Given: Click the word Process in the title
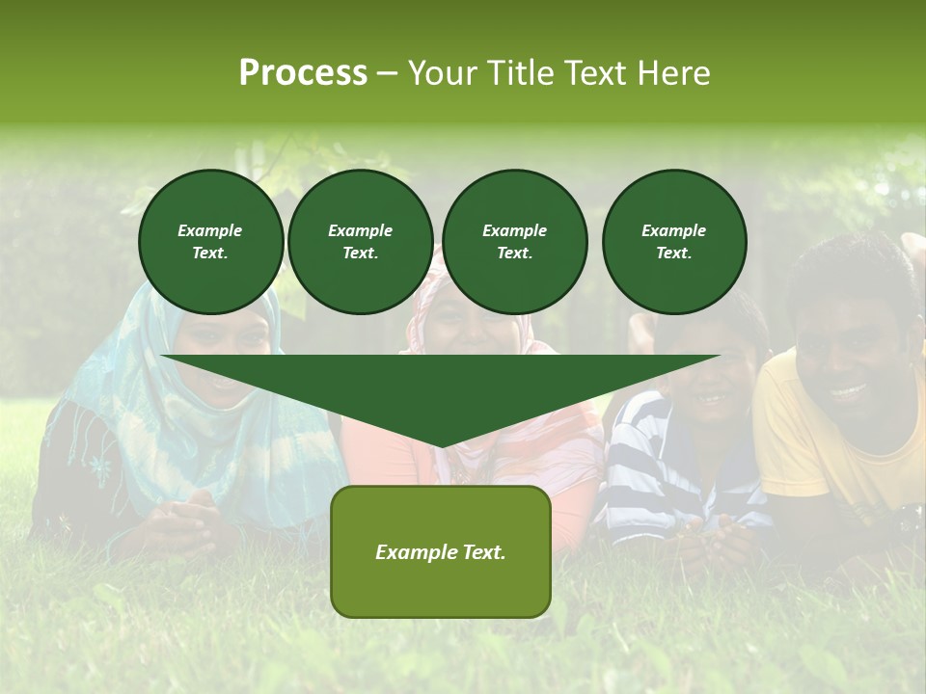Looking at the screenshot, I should click(303, 72).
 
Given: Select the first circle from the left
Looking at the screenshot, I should click(210, 241).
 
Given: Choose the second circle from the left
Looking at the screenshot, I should click(360, 241).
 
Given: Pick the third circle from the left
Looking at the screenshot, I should click(514, 241).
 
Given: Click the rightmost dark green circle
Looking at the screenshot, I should click(673, 241).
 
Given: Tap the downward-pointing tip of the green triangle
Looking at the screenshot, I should click(442, 444).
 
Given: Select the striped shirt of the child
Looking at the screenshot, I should click(656, 463).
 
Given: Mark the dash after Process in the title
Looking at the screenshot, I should click(387, 73).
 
